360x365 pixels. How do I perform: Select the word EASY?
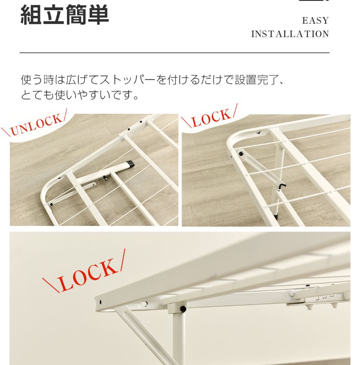point(316,21)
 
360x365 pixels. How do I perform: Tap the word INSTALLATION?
point(290,34)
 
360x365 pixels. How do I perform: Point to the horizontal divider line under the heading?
point(174,53)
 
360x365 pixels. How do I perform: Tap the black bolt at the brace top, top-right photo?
point(241,154)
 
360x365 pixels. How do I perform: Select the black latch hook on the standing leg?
point(281,186)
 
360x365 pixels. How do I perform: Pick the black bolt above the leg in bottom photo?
point(183,309)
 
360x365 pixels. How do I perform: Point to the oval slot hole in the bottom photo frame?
point(144,303)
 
